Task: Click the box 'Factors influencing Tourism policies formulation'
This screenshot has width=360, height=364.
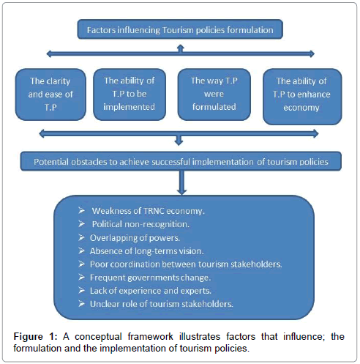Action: click(180, 29)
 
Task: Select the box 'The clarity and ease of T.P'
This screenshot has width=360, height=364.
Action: click(50, 94)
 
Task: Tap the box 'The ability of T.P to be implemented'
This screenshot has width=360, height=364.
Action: click(130, 94)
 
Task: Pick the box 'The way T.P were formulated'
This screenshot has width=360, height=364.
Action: click(214, 94)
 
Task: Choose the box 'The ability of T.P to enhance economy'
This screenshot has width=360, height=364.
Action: click(302, 97)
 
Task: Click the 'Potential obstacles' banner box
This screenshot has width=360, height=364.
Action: click(181, 161)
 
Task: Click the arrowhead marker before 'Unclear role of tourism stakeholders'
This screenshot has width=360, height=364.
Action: click(81, 304)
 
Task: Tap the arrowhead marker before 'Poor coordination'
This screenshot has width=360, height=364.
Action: click(81, 264)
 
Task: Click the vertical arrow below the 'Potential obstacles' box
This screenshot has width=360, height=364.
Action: click(181, 182)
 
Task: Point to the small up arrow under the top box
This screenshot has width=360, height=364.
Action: click(181, 48)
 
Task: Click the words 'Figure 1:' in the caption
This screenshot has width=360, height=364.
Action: click(35, 337)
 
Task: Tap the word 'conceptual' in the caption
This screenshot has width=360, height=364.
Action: click(98, 337)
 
